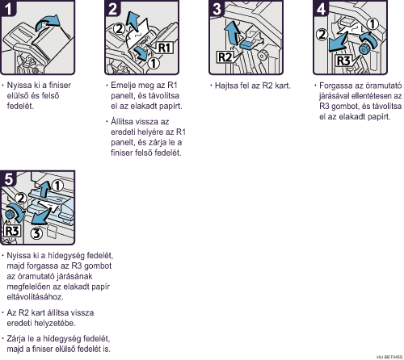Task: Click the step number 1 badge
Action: (8, 8)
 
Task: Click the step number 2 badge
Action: (112, 8)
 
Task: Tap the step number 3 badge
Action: (217, 8)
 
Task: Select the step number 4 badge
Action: (321, 8)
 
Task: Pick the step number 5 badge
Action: (8, 178)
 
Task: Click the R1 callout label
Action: (164, 48)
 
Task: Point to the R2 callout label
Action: (225, 57)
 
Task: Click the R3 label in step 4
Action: (343, 61)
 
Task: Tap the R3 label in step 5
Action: (12, 231)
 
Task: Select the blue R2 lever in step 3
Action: (248, 44)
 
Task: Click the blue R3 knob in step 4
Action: (364, 49)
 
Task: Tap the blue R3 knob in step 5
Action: (10, 215)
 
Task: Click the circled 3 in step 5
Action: (36, 233)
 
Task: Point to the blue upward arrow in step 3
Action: (232, 32)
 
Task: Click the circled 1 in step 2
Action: (154, 64)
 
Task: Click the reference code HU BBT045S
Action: (389, 357)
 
